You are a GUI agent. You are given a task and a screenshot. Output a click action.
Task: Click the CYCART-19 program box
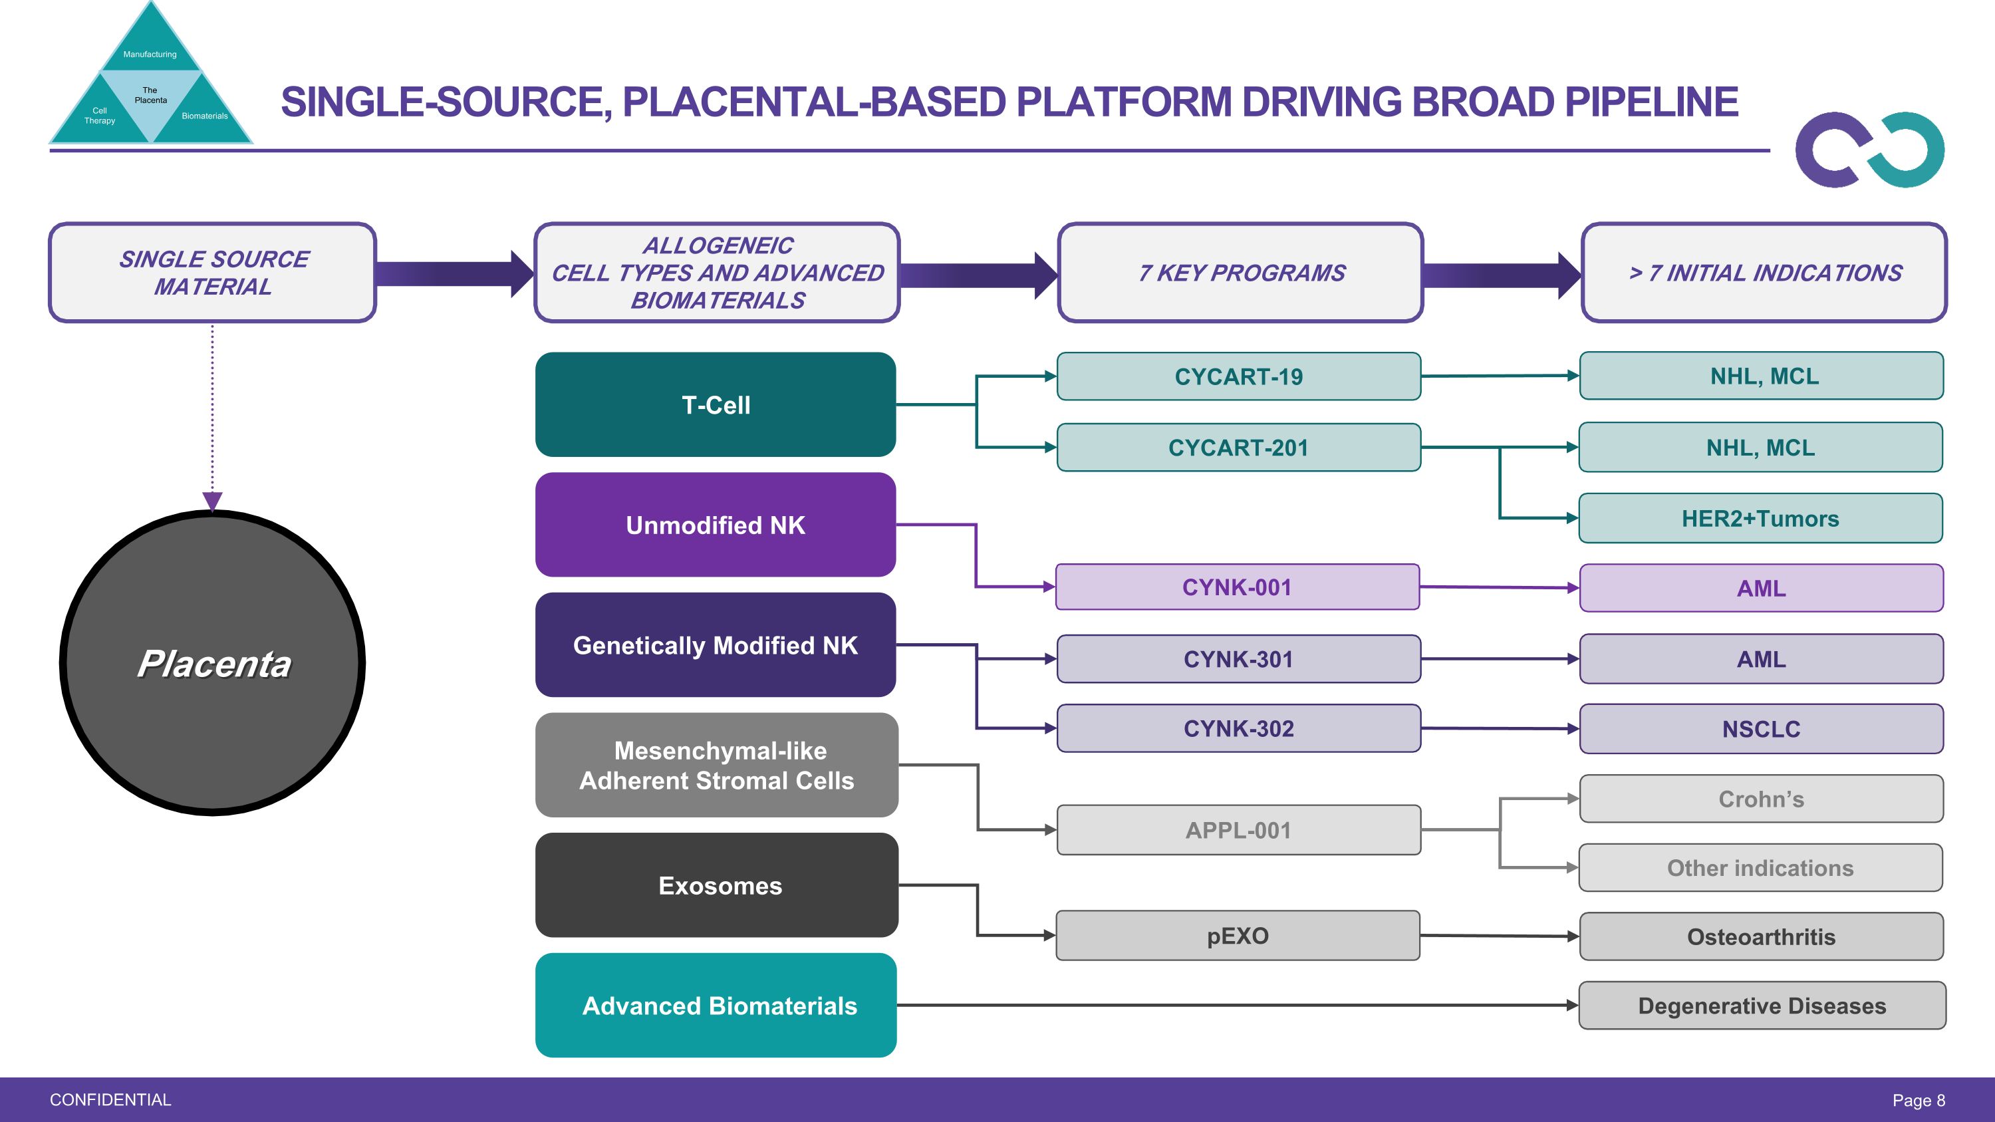click(1238, 376)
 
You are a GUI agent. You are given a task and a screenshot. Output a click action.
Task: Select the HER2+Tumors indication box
click(1760, 518)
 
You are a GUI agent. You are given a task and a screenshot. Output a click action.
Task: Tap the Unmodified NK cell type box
click(715, 525)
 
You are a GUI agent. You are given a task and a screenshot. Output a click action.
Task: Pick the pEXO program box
click(1238, 935)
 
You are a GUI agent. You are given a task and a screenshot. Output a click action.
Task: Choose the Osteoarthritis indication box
click(1761, 937)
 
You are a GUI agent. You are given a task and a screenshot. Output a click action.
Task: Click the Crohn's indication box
click(1761, 798)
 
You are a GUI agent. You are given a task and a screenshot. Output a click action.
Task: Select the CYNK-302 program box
click(1238, 728)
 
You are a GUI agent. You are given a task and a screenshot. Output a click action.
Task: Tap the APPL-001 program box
click(1238, 830)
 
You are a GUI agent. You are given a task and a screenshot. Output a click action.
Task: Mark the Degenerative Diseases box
click(1762, 1006)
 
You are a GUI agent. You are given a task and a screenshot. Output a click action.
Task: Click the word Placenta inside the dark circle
click(213, 664)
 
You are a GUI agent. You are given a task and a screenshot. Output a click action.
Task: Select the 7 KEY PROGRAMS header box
click(1241, 273)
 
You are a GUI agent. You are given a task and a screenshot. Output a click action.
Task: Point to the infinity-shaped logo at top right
click(1869, 150)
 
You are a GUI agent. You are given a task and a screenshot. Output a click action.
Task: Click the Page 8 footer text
click(1919, 1100)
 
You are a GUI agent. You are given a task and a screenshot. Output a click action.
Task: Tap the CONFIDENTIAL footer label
click(110, 1099)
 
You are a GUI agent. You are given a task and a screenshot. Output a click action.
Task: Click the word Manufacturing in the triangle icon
click(150, 54)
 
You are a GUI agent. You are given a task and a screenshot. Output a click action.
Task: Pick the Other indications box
click(1760, 868)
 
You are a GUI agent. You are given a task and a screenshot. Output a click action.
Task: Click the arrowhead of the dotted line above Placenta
click(212, 501)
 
